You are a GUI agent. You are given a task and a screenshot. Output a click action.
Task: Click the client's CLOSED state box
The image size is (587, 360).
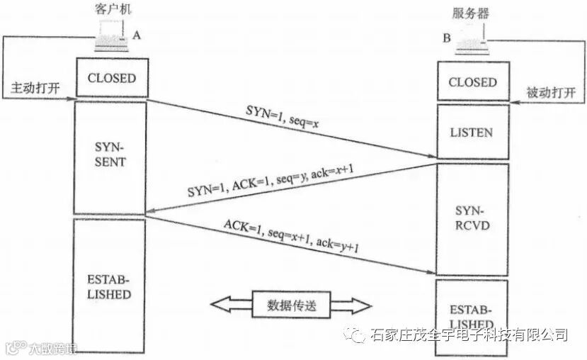(111, 77)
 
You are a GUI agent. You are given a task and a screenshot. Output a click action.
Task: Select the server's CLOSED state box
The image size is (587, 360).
(472, 81)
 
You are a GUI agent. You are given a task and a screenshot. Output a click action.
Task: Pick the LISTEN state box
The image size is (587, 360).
(472, 132)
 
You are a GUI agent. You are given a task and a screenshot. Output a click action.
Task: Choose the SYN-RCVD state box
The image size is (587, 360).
(472, 219)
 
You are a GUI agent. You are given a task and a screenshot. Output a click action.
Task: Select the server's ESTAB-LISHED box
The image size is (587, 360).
(472, 312)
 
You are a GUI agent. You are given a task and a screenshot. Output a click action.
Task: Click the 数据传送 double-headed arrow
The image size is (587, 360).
(291, 305)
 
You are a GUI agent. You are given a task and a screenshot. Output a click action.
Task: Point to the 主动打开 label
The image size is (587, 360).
(34, 89)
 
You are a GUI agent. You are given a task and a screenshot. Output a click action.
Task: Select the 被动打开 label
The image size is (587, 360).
(552, 93)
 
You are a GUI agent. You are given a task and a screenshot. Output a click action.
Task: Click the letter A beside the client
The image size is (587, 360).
(137, 33)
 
